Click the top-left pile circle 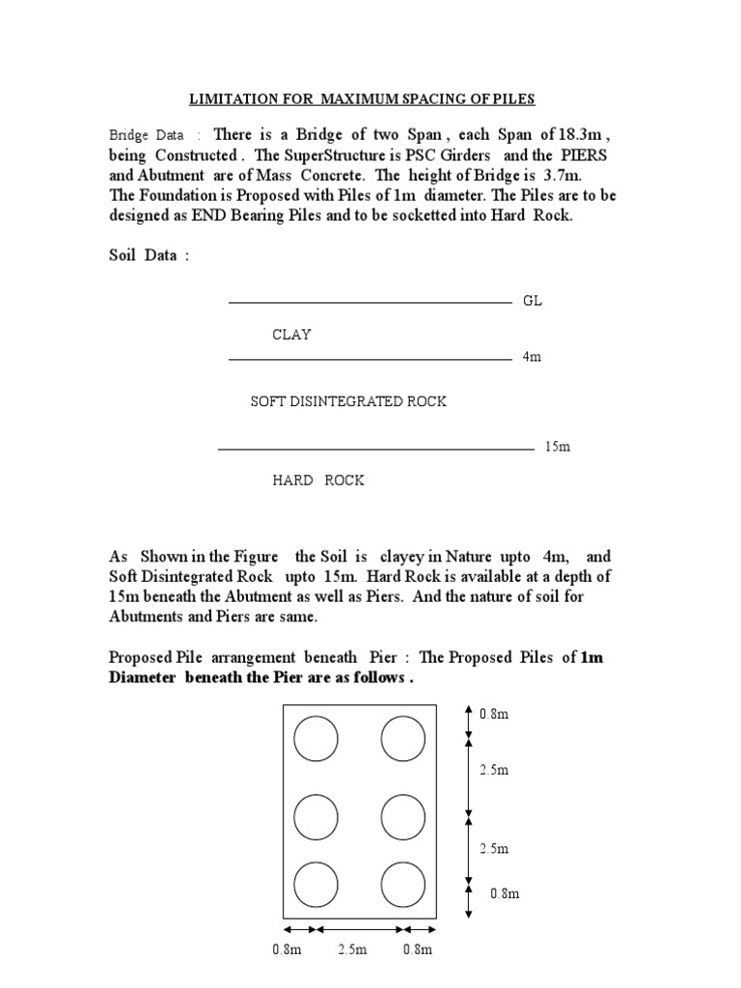point(316,740)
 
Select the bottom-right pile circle point(402,883)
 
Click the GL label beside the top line point(533,301)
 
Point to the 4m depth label point(532,357)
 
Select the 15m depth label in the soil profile point(558,447)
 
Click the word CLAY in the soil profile point(291,335)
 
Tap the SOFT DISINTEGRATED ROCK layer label point(348,401)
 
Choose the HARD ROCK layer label point(317,480)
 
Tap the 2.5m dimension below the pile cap point(352,949)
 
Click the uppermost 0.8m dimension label point(494,715)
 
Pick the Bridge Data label point(148,136)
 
